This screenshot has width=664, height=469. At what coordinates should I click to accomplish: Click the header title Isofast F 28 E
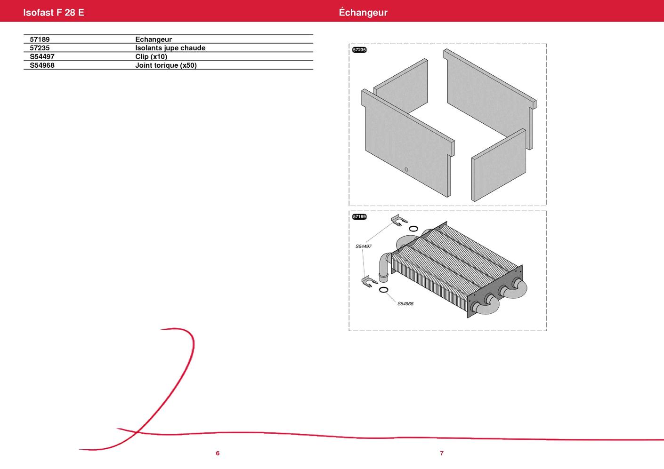point(54,12)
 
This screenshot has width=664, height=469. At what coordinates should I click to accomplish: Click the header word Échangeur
point(363,12)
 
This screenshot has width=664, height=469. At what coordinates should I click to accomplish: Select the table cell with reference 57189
point(40,40)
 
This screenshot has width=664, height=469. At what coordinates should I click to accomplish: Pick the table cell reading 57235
point(40,48)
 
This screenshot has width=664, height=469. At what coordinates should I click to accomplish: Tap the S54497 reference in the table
point(42,56)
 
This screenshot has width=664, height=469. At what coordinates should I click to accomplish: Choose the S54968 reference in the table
point(42,65)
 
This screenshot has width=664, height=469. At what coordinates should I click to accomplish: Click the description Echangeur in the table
point(154,40)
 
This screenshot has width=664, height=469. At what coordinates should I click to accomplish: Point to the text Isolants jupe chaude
point(170,48)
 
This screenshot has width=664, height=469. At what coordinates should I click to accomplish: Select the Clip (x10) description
point(151,56)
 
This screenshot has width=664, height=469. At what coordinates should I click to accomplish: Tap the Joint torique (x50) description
point(166,65)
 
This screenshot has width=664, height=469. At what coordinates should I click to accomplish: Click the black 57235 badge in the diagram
point(359,50)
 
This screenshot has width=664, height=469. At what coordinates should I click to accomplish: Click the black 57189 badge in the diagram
point(359,217)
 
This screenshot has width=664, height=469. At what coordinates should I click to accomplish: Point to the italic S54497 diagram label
point(364,246)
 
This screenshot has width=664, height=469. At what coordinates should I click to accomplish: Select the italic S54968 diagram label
point(405,304)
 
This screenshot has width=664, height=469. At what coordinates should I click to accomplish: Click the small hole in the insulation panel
point(406,170)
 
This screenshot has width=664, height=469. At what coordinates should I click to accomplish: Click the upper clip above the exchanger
point(399,220)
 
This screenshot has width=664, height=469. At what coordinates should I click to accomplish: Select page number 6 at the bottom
point(218,453)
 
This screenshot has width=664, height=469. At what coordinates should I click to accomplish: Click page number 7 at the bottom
point(442,453)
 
